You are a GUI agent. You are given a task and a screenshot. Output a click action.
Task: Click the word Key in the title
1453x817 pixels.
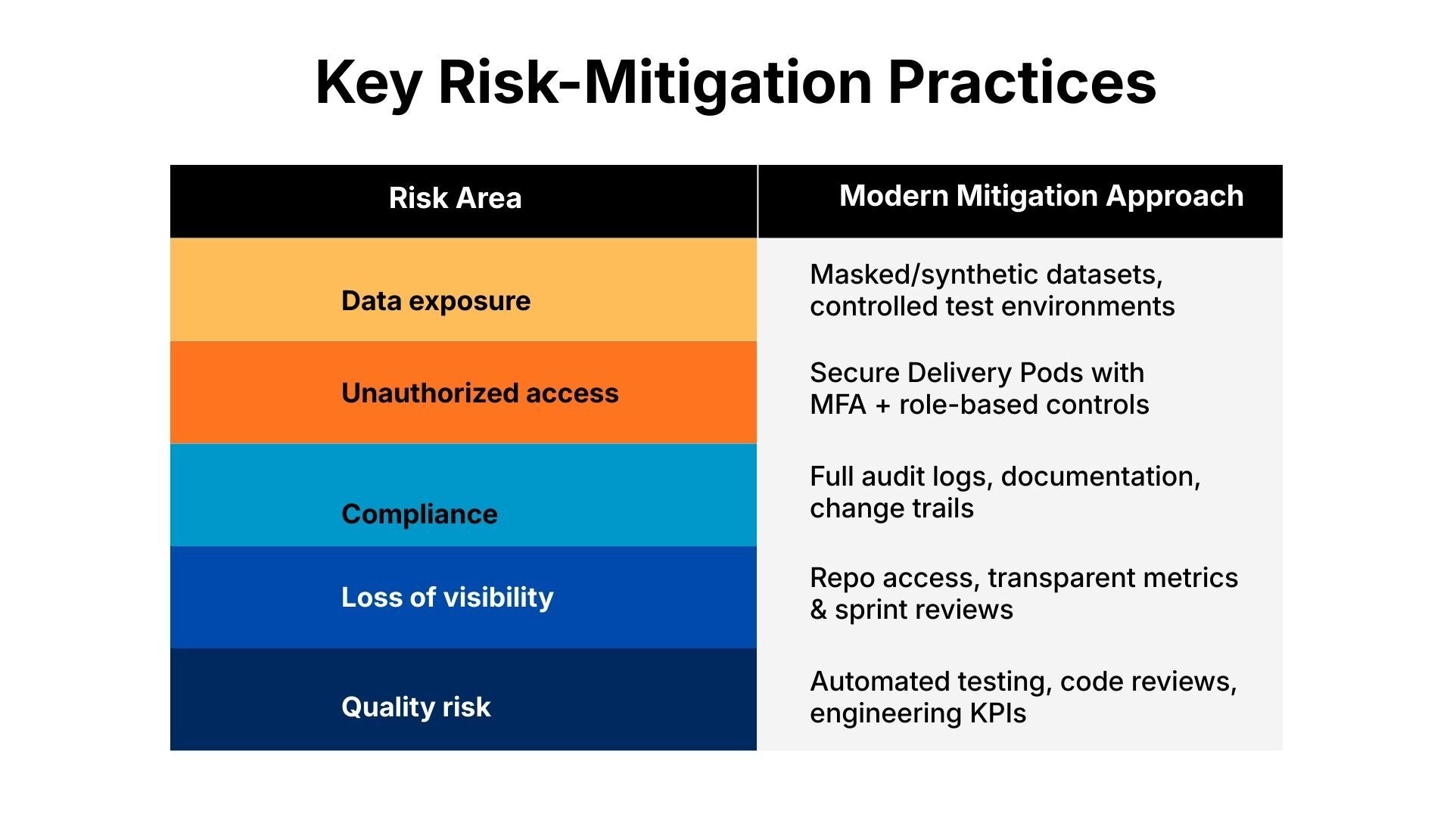pos(368,83)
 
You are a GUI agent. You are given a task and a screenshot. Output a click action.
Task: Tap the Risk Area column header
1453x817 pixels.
pos(455,198)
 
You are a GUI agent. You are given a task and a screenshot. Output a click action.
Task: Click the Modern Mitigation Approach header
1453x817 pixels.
pos(1041,196)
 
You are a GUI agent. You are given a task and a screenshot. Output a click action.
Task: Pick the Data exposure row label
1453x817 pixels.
pos(436,301)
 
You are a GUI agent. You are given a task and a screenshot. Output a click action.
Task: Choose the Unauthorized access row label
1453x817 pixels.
pos(480,393)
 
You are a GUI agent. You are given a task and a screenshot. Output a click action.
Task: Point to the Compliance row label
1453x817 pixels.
pos(419,514)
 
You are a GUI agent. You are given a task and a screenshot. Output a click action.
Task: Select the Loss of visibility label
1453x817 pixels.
pos(447,598)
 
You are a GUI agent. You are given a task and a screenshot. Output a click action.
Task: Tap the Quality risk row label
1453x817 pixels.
pos(415,707)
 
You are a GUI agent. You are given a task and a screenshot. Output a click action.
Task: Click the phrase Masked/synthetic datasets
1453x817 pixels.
pos(985,275)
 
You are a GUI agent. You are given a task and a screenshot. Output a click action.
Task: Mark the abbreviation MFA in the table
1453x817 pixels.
pos(838,405)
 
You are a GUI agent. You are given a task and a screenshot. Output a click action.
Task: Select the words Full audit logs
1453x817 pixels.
pos(900,477)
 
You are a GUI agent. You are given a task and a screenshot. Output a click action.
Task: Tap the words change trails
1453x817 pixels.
pos(891,508)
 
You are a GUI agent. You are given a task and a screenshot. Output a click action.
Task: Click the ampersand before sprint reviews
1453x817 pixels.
pos(818,610)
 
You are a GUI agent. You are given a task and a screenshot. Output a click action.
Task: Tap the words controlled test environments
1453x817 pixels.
pos(991,306)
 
